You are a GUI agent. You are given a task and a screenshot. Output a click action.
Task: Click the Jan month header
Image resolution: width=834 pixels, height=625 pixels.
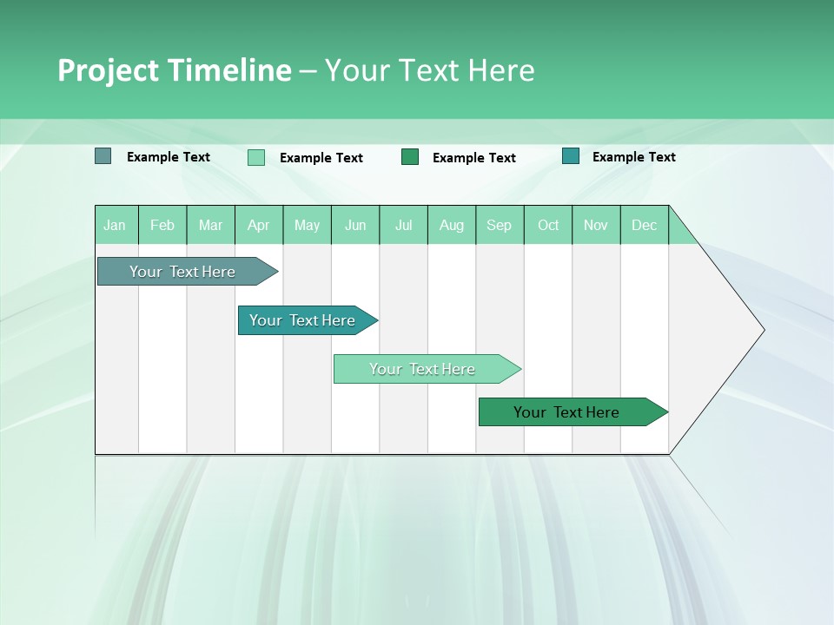click(x=115, y=225)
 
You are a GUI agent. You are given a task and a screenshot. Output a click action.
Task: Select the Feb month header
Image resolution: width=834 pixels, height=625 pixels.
click(x=162, y=225)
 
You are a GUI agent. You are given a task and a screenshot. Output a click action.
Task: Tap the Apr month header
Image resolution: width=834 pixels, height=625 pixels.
click(x=258, y=225)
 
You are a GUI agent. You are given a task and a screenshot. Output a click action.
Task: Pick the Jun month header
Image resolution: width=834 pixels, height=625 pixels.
click(x=355, y=225)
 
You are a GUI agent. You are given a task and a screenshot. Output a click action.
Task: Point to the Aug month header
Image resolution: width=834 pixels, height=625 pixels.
click(x=451, y=225)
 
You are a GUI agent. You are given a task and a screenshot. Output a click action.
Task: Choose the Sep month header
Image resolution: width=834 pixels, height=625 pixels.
click(x=499, y=225)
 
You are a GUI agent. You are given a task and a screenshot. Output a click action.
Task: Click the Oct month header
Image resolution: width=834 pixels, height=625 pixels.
click(x=548, y=225)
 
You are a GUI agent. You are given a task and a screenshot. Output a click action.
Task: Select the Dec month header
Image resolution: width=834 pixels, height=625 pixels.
click(x=644, y=225)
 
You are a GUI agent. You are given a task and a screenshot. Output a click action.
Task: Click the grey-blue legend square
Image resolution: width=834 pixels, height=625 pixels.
click(x=103, y=156)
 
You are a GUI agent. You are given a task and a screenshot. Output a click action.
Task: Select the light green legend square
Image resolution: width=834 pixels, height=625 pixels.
click(x=256, y=157)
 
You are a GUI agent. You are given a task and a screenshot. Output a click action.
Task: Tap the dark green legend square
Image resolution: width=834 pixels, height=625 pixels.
click(x=410, y=157)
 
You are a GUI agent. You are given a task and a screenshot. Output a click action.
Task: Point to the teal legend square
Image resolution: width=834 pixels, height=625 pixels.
click(x=571, y=156)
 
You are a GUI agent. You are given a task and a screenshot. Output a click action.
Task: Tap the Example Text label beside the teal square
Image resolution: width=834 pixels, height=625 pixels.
click(x=633, y=157)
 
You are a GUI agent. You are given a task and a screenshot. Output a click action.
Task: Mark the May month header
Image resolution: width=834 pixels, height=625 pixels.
click(x=307, y=225)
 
